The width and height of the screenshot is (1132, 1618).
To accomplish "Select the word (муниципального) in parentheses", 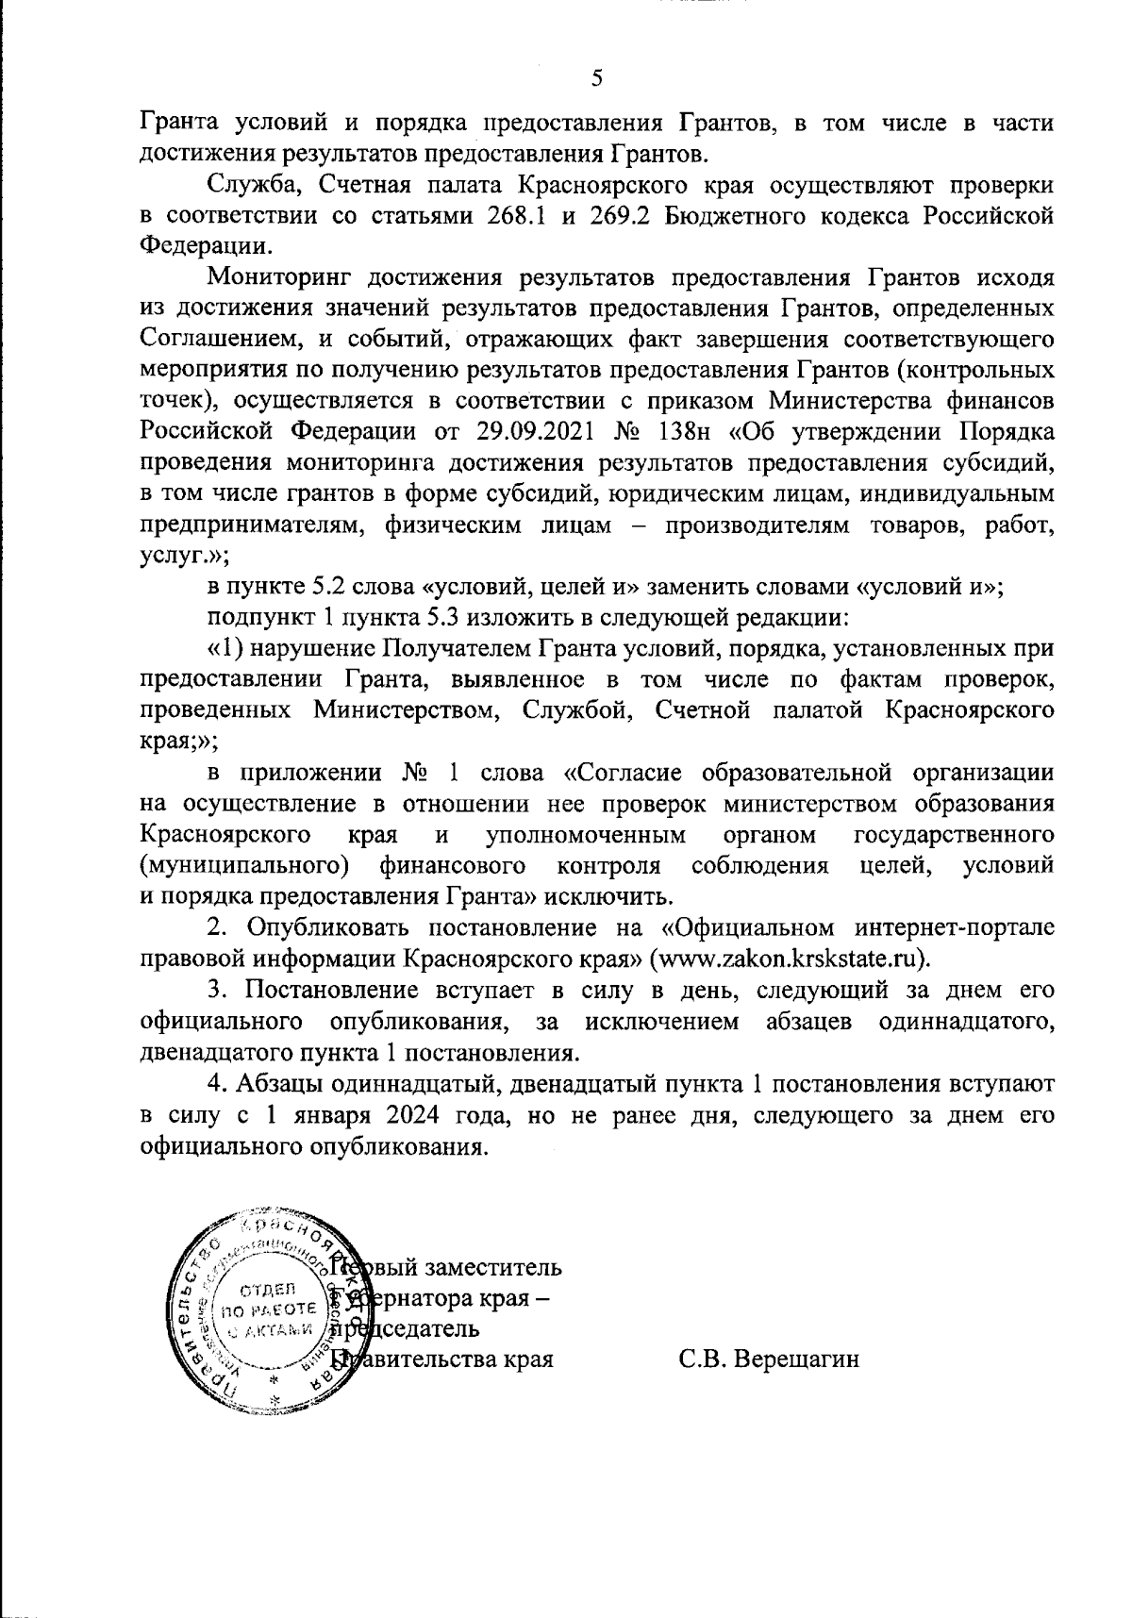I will point(241,865).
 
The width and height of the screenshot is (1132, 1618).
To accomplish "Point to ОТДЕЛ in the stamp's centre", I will point(270,1290).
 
